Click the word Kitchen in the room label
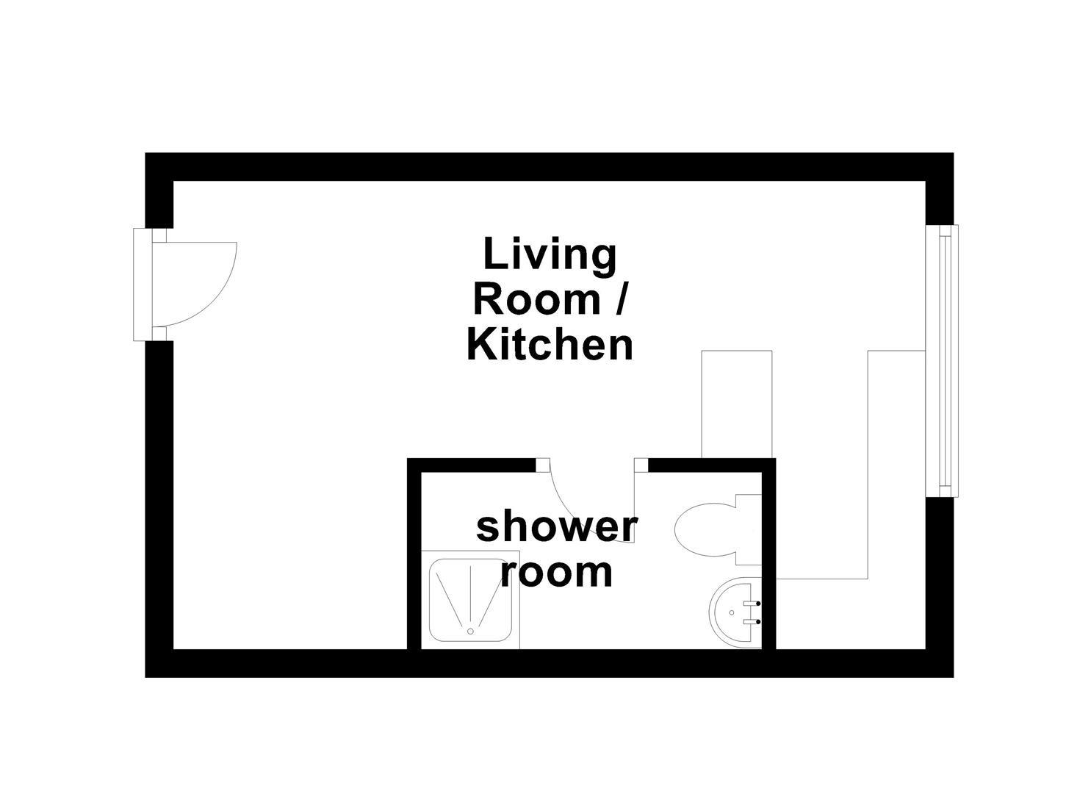[550, 345]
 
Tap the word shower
[556, 527]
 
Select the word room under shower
[556, 573]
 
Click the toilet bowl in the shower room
[702, 529]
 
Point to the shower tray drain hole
[470, 630]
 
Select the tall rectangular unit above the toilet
[737, 404]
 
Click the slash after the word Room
[619, 300]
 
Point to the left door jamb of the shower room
[542, 465]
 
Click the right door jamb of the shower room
[641, 465]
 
